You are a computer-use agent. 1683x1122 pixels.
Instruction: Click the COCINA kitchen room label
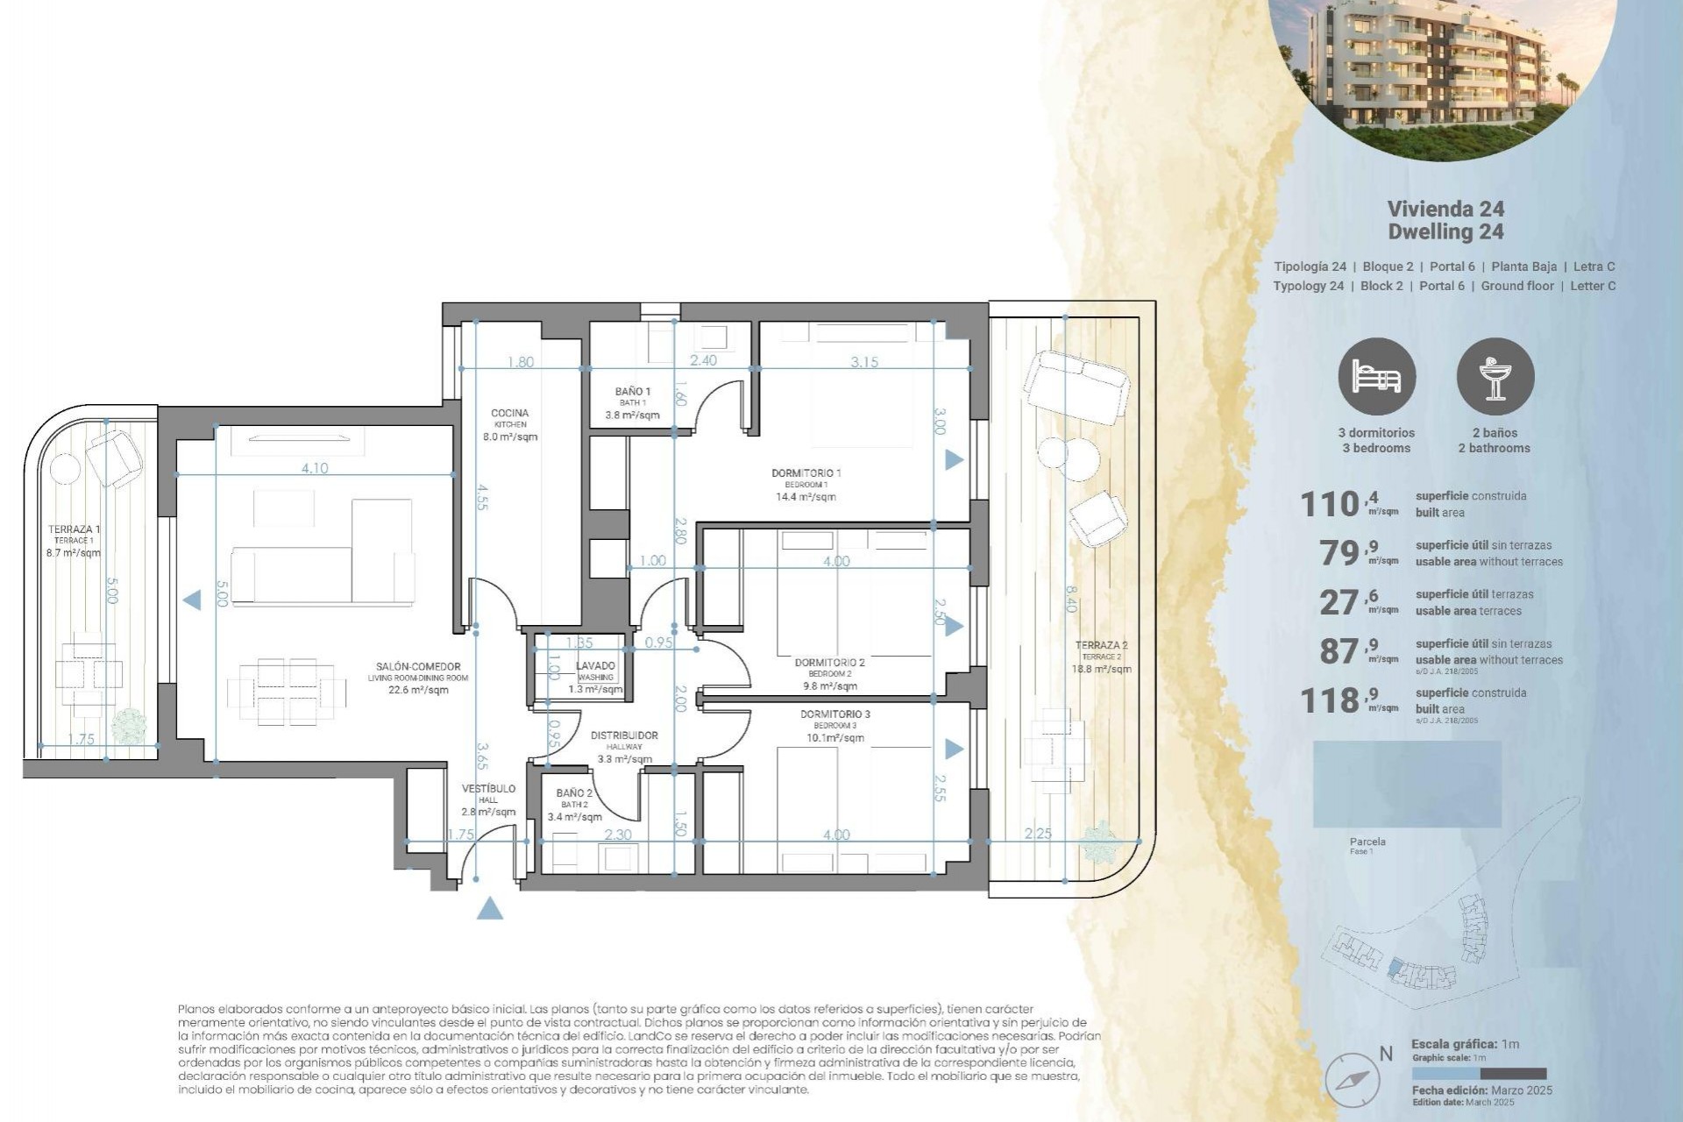(x=509, y=414)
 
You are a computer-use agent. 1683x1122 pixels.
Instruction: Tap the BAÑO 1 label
(x=633, y=392)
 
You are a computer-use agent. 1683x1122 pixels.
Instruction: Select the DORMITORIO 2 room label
(x=829, y=663)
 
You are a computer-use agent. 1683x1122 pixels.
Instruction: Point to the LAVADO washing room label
(x=595, y=666)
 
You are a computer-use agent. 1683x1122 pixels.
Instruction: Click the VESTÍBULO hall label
(x=488, y=789)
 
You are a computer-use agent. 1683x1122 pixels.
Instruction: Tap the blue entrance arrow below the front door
(x=490, y=909)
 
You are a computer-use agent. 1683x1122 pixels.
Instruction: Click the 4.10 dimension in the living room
(x=315, y=468)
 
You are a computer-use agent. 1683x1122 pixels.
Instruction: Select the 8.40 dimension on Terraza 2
(x=1070, y=598)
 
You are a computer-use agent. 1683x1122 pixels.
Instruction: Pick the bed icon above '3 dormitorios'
(x=1376, y=377)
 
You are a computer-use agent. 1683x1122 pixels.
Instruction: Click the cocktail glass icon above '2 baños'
(x=1495, y=377)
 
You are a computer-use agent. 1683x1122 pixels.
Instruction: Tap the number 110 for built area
(x=1329, y=505)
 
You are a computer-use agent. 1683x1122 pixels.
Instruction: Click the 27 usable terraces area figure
(x=1339, y=603)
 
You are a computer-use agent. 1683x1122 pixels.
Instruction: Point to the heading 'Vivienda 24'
(x=1445, y=209)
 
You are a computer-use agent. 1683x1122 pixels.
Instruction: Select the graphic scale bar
(x=1479, y=1073)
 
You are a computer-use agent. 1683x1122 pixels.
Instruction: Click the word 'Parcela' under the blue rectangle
(x=1367, y=841)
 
